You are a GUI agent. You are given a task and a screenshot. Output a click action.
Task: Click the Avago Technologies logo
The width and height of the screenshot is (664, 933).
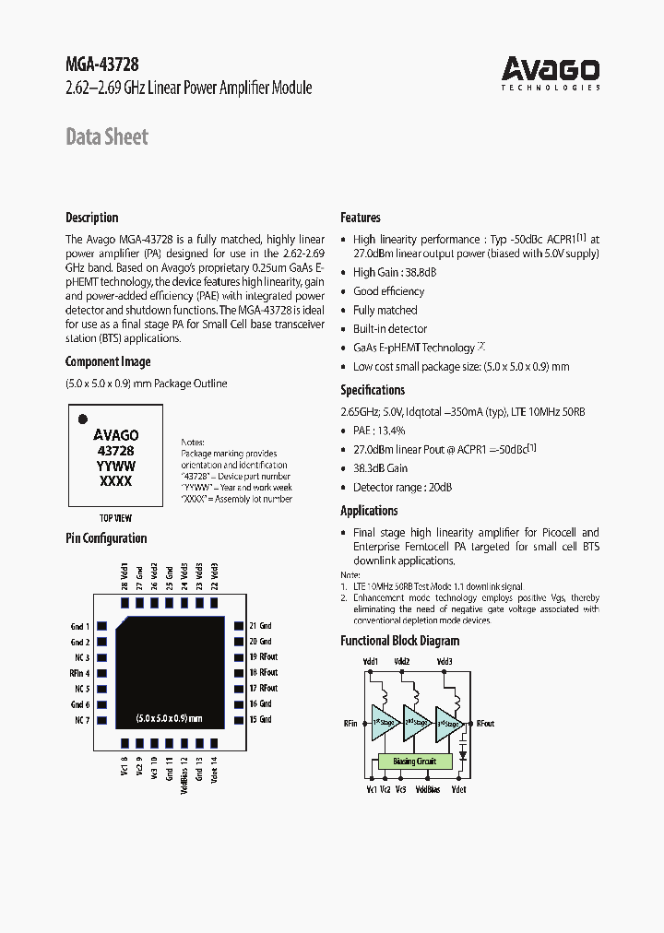pyautogui.click(x=551, y=73)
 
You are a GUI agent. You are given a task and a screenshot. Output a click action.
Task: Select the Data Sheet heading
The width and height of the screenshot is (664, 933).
pyautogui.click(x=106, y=137)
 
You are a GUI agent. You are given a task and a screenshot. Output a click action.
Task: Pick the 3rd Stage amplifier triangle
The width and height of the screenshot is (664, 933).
pyautogui.click(x=446, y=724)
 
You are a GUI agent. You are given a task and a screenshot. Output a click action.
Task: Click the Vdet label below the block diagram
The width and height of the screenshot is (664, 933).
pyautogui.click(x=459, y=789)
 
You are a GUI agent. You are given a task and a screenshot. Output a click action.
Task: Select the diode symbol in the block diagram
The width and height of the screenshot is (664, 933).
pyautogui.click(x=462, y=752)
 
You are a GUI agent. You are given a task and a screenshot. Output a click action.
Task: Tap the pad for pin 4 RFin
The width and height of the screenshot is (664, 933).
pyautogui.click(x=103, y=673)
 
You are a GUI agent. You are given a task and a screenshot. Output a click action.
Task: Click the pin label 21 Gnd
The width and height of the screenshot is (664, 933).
pyautogui.click(x=260, y=626)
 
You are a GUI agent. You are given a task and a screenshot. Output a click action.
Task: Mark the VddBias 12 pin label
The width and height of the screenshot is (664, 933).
pyautogui.click(x=184, y=772)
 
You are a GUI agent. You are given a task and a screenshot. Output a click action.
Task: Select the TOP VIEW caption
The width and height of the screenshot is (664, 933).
pyautogui.click(x=115, y=518)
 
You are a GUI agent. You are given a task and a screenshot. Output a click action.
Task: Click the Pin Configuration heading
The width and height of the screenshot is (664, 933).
pyautogui.click(x=106, y=538)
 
